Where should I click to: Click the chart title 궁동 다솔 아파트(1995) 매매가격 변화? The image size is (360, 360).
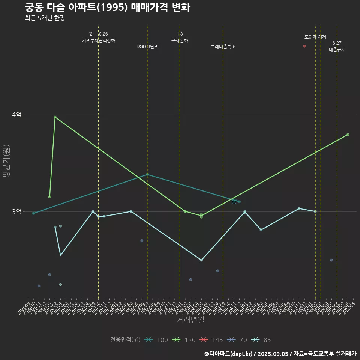tap(107, 7)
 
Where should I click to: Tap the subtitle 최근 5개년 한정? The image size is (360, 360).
tap(45, 18)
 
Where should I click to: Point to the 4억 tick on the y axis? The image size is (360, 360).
tap(16, 114)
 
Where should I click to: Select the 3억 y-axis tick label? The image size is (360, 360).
tap(16, 211)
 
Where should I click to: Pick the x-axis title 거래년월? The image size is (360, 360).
tap(190, 320)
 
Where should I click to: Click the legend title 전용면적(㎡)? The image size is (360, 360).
tap(125, 340)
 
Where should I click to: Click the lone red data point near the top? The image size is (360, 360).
tap(304, 46)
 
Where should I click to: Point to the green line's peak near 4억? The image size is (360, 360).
tap(55, 117)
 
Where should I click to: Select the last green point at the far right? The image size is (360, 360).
tap(348, 135)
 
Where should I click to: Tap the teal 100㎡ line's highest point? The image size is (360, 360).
tap(147, 174)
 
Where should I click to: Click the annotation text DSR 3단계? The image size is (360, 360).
tap(147, 47)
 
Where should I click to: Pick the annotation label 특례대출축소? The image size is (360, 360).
tap(223, 47)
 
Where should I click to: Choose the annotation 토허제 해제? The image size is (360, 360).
tap(315, 37)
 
